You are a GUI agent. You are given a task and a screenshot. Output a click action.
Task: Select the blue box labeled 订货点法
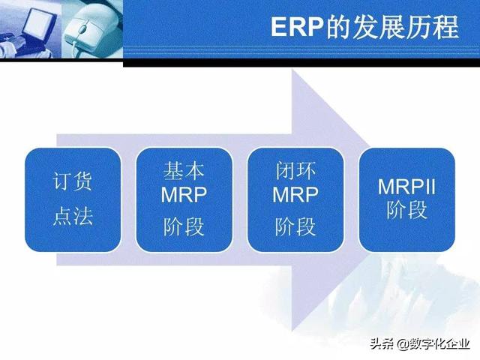[73, 199]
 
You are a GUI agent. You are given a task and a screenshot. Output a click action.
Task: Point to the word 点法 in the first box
[73, 217]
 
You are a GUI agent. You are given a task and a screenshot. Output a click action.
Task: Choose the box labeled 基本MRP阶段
[184, 199]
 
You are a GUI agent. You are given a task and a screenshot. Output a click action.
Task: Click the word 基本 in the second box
[184, 172]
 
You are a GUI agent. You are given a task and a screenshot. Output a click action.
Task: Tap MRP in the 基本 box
[184, 196]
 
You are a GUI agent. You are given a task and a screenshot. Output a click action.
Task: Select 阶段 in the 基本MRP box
[184, 225]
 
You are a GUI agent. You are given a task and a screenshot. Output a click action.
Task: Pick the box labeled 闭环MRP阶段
[295, 199]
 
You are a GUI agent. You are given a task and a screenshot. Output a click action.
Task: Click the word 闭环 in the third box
[295, 172]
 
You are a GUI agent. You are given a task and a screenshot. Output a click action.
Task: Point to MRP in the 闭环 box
[295, 196]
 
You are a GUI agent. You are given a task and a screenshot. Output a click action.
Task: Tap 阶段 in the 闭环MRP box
[295, 225]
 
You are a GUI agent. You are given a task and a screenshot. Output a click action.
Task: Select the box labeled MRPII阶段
[407, 199]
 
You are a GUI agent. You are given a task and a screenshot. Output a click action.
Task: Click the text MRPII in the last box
[407, 186]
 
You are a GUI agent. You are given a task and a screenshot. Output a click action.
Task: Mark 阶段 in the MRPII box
[407, 210]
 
